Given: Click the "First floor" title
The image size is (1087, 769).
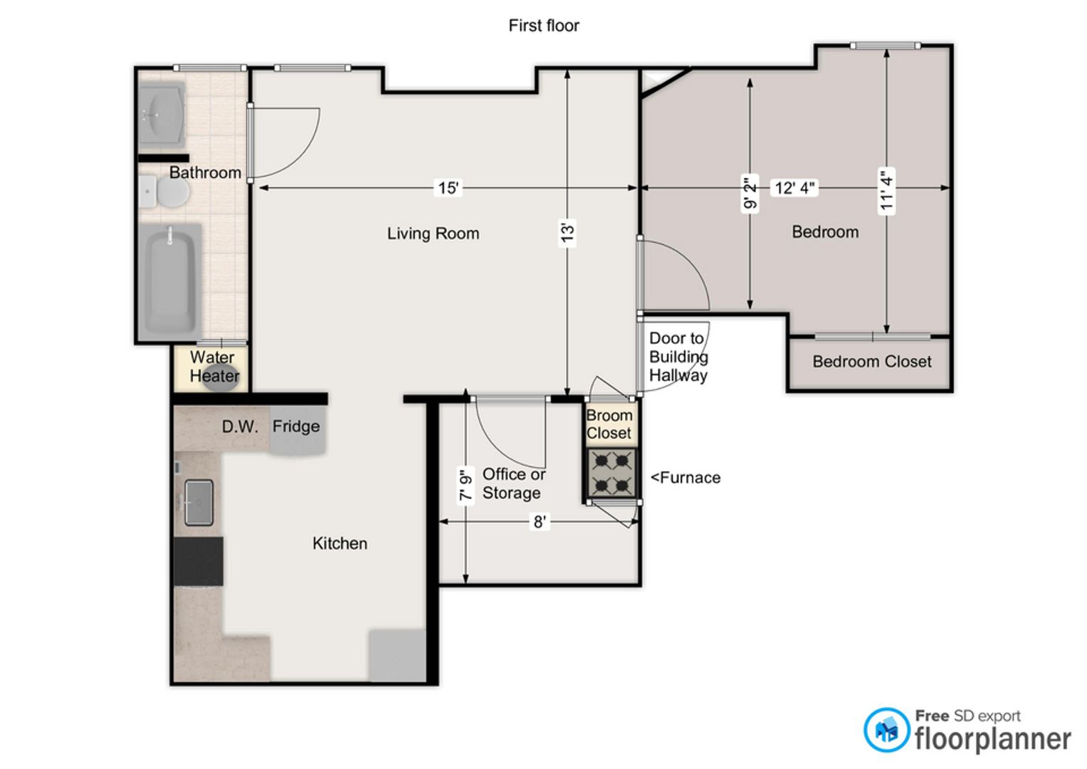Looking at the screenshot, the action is coord(544,25).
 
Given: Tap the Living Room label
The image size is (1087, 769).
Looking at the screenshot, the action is coord(433,234).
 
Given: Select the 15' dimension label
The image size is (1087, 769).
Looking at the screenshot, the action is coord(448,188).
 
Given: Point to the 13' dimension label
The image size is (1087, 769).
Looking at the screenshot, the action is coord(567,232).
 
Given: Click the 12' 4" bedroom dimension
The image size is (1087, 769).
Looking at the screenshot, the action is coord(794,188).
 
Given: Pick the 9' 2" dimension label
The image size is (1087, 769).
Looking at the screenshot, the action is coord(750,193).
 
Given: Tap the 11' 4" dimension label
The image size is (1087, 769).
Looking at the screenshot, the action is coord(886,190).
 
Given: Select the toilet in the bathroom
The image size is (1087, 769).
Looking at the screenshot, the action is coord(164,192).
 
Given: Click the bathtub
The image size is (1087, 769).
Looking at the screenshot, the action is coord(170,281).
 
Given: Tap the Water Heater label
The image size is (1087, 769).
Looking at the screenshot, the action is coord(214,367).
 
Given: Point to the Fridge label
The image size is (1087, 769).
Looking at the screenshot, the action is coord(296,427).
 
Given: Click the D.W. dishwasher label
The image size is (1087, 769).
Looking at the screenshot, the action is coord(240,427).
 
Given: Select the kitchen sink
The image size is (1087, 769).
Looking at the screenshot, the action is coord(199,503).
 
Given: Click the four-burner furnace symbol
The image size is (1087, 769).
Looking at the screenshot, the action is coord(612,473).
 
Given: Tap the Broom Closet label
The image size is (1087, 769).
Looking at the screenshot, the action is coord(609,424).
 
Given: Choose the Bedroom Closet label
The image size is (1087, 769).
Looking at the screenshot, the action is coord(872,362).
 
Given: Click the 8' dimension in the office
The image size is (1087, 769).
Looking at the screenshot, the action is coord(540,522).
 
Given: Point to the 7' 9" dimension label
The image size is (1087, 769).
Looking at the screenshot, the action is coord(466,484).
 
